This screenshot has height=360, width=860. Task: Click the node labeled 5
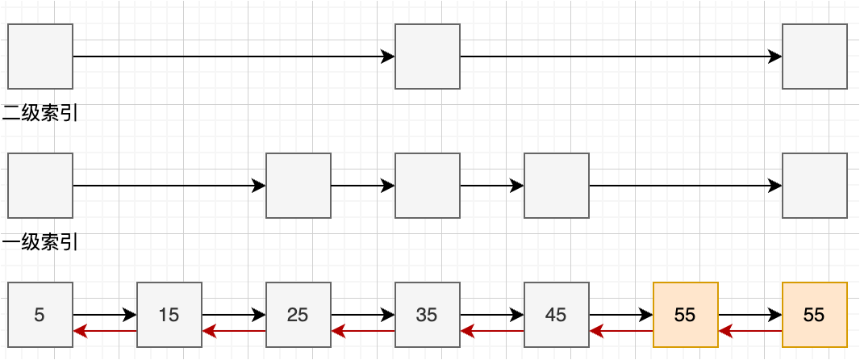click(40, 315)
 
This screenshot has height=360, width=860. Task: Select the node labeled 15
click(169, 315)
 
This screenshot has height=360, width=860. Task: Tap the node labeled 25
click(298, 315)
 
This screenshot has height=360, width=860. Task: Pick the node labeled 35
click(428, 315)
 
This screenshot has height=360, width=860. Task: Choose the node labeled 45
click(556, 315)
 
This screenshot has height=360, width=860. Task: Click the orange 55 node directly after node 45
click(686, 315)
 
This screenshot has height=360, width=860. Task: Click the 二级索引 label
click(40, 114)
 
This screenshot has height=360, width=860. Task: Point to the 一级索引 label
click(40, 243)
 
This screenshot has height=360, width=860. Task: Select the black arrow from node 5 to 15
click(105, 315)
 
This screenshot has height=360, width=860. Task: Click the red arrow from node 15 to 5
click(105, 331)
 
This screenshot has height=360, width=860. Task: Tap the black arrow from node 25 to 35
click(363, 315)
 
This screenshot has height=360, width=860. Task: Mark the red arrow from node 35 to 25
click(363, 331)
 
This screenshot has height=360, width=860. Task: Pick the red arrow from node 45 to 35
click(492, 331)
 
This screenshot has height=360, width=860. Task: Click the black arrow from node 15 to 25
click(234, 315)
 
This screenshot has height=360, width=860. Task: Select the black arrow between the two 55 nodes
click(750, 315)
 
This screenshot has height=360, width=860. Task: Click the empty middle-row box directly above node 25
click(298, 186)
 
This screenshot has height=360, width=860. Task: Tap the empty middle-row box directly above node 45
click(556, 186)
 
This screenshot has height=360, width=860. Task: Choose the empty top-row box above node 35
click(428, 57)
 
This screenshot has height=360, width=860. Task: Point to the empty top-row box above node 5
click(40, 57)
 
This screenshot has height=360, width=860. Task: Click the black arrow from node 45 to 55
click(621, 315)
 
